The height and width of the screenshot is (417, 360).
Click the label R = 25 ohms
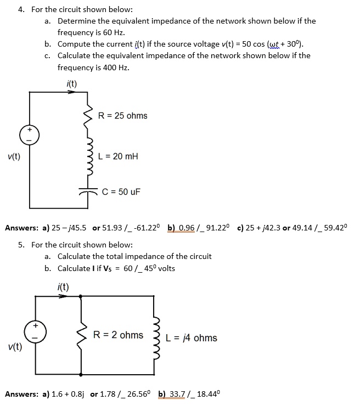(x=122, y=116)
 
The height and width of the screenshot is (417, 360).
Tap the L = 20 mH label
(x=117, y=156)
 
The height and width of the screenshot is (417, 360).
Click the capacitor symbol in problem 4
(x=86, y=191)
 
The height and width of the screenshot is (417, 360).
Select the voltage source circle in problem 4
(x=30, y=134)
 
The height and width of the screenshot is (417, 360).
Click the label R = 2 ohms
(x=119, y=335)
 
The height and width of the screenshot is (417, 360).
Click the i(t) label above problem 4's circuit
(x=71, y=84)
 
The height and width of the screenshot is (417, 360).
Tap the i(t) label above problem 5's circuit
(x=63, y=286)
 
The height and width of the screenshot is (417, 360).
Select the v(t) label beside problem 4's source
(x=14, y=156)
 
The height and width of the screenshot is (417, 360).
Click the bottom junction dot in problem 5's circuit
(x=81, y=375)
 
